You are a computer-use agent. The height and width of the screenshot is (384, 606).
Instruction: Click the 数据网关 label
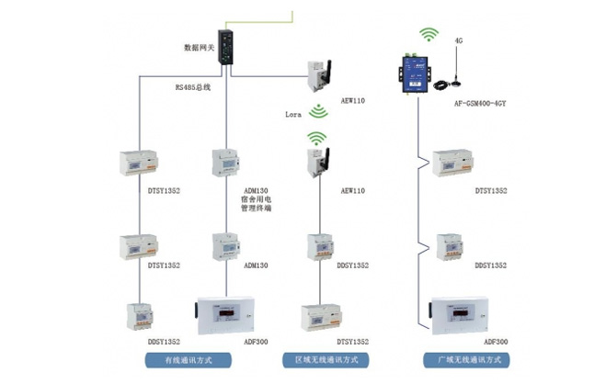pos(200,46)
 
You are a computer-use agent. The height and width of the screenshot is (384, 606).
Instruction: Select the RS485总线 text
pos(194,87)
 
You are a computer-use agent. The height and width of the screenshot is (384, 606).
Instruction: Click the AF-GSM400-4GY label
pos(481,104)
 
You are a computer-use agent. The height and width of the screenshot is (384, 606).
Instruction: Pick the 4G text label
pos(458,41)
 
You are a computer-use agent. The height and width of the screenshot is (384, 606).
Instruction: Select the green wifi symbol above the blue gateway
pos(428,35)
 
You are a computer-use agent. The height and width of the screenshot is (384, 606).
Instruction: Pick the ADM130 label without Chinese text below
pos(257,265)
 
